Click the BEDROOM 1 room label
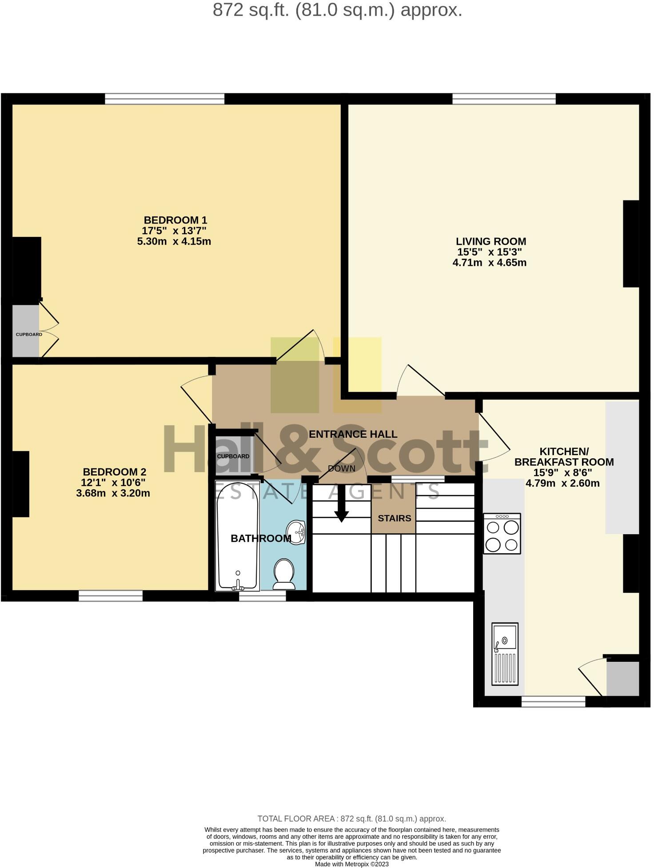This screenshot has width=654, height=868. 175,220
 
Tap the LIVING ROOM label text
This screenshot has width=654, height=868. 490,241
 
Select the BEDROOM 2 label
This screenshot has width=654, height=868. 114,472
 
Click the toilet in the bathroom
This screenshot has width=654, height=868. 284,573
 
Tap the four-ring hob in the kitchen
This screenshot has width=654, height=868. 502,533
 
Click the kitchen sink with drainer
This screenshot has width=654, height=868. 505,653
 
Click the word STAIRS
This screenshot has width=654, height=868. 395,518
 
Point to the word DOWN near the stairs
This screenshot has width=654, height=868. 342,468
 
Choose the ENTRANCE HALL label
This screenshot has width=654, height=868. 353,434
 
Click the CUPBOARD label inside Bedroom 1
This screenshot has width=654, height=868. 29,334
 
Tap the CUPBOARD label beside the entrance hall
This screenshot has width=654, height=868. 233,456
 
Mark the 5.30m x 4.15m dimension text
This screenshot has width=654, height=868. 174,241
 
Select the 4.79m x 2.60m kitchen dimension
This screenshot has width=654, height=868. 562,483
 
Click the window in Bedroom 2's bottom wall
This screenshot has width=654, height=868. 111,596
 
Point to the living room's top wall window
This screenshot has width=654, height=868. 504,99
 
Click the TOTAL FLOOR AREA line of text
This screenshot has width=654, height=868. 352,819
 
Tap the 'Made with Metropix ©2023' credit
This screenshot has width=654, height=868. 352,864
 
